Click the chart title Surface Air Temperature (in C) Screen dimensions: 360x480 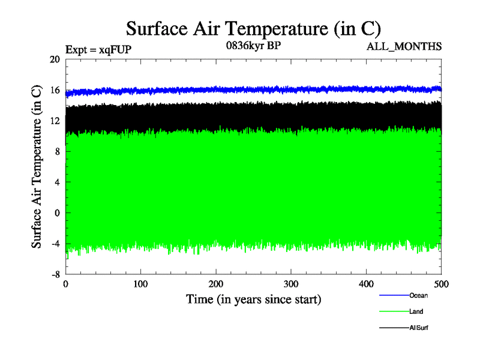click(253, 28)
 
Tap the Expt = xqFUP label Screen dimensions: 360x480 click(98, 50)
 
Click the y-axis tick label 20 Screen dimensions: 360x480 click(55, 59)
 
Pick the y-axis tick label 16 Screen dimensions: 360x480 click(55, 90)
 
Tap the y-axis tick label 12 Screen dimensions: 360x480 click(55, 121)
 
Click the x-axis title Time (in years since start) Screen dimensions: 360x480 click(253, 299)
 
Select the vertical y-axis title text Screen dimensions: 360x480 click(37, 166)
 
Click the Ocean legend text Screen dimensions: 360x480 click(418, 295)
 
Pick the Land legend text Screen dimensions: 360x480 click(416, 312)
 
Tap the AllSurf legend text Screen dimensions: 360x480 click(419, 328)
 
